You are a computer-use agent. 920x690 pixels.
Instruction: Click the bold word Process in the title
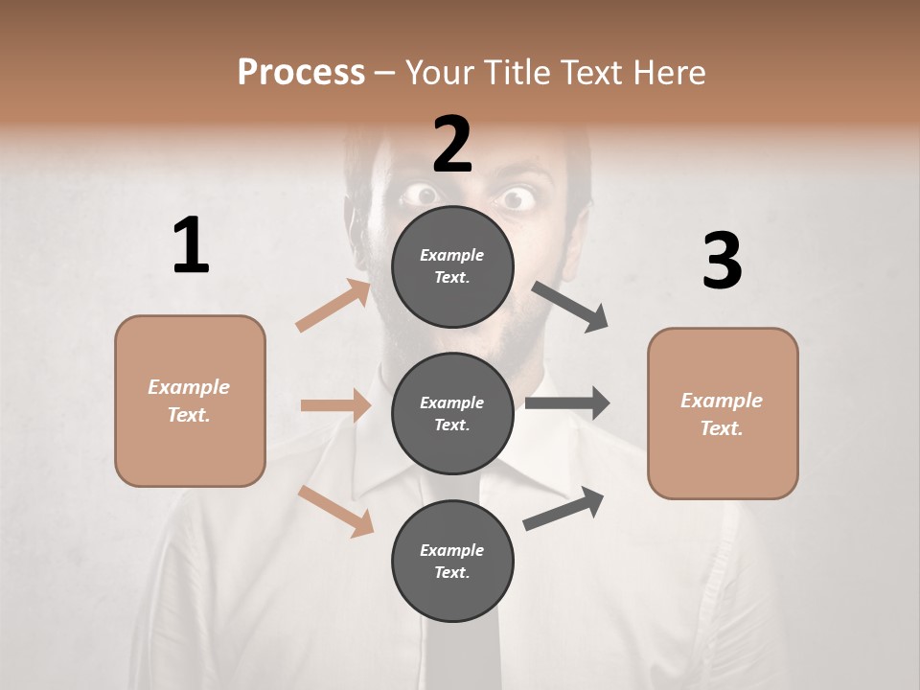coord(301,72)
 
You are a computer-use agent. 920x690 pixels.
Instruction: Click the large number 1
coord(191,245)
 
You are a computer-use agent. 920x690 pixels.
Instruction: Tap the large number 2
coord(452,144)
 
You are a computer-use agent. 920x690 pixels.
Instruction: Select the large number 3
coord(722,262)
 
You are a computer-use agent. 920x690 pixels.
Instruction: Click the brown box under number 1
coord(190,401)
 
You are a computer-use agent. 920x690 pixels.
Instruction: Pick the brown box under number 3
coord(723,413)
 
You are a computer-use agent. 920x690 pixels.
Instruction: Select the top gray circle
coord(452,266)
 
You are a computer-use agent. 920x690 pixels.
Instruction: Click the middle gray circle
coord(452,413)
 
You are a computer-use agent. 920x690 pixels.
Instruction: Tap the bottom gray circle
coord(452,561)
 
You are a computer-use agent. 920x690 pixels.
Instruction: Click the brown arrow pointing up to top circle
coord(333,306)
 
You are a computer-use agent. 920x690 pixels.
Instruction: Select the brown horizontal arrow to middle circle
coord(335,405)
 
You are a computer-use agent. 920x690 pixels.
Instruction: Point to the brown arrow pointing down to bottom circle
coord(336,510)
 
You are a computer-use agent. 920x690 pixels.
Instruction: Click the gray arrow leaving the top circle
coord(570,307)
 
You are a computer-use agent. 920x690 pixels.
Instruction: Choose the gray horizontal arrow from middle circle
coord(566,403)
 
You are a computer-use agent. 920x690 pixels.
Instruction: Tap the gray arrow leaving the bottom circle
coord(563,509)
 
